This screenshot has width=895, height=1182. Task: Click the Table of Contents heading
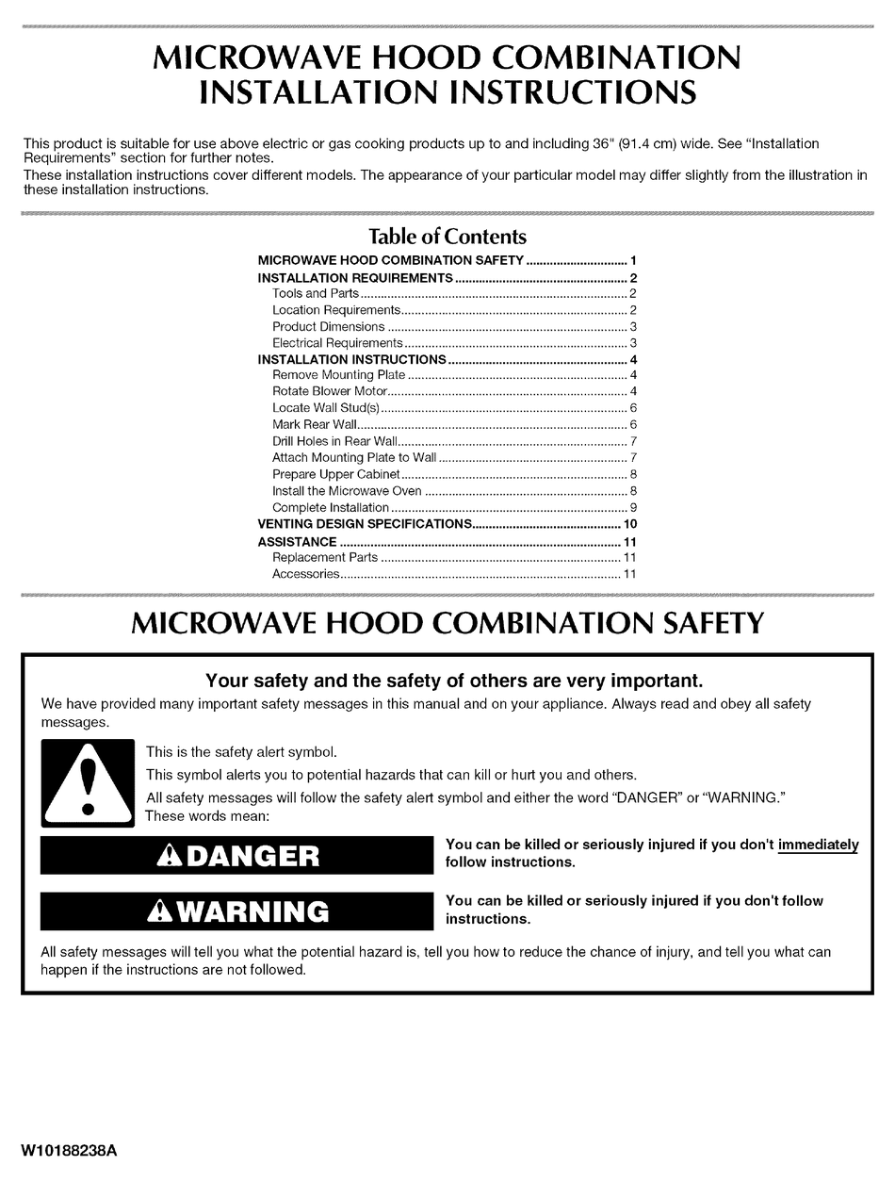tap(447, 237)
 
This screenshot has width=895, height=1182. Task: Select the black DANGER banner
tap(236, 855)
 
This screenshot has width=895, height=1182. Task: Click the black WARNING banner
tap(236, 911)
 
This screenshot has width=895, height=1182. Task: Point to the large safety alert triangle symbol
tap(89, 781)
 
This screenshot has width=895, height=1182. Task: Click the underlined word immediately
tap(818, 845)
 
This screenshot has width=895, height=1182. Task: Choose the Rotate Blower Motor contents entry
tap(329, 391)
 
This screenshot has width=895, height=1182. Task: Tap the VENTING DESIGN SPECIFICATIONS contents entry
tap(364, 524)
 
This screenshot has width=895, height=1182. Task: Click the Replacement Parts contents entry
tap(325, 558)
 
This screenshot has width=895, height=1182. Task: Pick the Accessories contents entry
tap(305, 574)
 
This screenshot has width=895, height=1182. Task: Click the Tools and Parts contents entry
tap(316, 294)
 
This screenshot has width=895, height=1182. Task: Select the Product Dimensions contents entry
tap(328, 327)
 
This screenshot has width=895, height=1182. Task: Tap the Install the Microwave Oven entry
tap(347, 491)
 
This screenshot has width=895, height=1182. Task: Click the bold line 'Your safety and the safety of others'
tap(454, 680)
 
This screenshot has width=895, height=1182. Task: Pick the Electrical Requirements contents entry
tap(337, 343)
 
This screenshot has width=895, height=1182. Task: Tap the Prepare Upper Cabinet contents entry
tap(335, 474)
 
